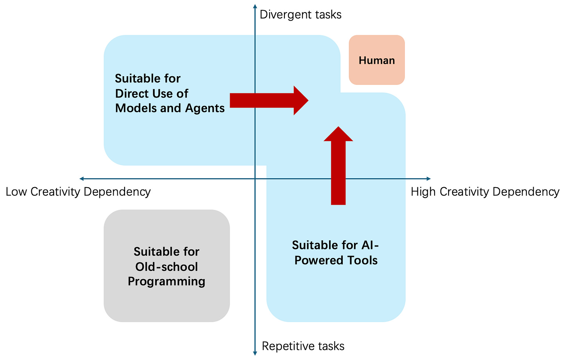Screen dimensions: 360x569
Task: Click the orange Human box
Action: (377, 60)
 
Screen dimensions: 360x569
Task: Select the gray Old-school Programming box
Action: (166, 266)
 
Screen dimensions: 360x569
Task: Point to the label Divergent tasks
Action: (301, 15)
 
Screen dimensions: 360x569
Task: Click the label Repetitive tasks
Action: (303, 346)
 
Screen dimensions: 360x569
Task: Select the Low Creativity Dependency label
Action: (78, 192)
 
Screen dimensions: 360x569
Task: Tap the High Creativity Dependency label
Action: (485, 192)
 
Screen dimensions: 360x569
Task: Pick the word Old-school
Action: (166, 267)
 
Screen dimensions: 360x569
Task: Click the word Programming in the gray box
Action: (166, 281)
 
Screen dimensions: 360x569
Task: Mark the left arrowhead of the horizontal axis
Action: (82, 179)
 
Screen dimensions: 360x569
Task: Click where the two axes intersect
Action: (255, 179)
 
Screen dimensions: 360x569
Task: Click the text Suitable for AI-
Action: (335, 245)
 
